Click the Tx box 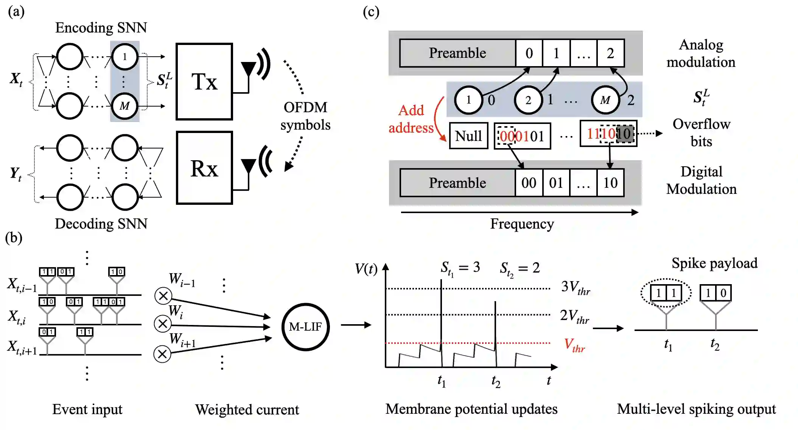[204, 82]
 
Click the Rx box [204, 168]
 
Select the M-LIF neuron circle [305, 327]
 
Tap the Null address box [468, 136]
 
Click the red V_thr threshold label [574, 345]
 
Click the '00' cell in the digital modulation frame [529, 183]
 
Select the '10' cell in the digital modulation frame [610, 183]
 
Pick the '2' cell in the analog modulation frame [610, 53]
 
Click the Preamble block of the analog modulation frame [457, 53]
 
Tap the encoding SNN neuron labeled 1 [124, 57]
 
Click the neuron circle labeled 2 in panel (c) [528, 100]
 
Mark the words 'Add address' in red [411, 119]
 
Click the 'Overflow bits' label [701, 133]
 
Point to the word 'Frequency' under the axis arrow [522, 224]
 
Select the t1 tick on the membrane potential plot [442, 380]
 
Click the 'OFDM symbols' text [305, 116]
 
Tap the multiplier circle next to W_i [163, 324]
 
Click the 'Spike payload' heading [714, 263]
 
